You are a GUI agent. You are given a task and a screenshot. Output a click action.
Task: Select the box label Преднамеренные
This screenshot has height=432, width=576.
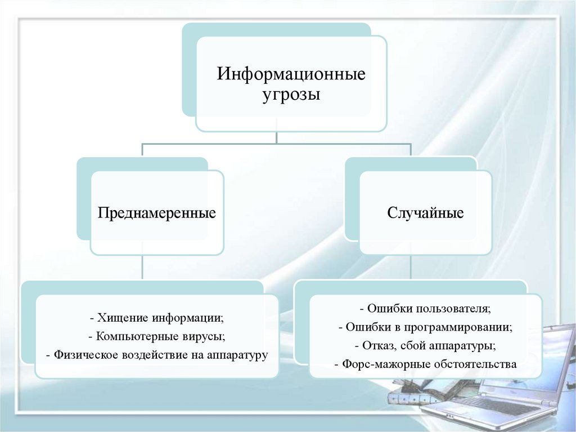(157, 213)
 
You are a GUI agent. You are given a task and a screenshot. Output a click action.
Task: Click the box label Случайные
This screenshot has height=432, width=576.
(425, 213)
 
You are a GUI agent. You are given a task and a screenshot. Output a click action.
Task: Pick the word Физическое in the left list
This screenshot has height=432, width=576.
(84, 355)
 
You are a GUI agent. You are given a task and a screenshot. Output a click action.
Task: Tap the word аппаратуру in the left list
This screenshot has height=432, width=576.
(237, 355)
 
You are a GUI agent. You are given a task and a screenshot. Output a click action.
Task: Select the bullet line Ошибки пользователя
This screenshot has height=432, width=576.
(425, 309)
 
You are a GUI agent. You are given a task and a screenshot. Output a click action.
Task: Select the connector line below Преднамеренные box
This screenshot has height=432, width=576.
(142, 268)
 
